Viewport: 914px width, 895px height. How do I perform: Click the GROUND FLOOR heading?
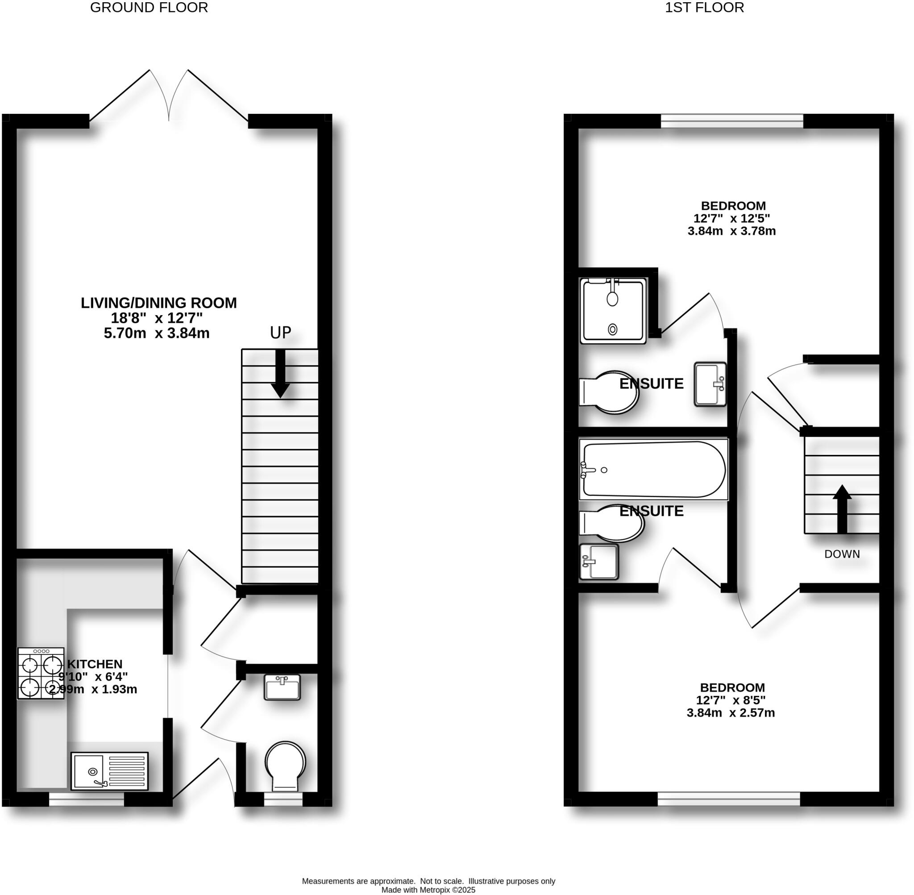149,8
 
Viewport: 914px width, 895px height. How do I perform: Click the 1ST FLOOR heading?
704,8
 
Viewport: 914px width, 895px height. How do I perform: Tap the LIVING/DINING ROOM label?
158,303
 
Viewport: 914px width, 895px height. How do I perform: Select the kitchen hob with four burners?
41,673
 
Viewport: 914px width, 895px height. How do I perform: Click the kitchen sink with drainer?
109,771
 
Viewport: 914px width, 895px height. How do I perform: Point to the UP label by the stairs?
280,333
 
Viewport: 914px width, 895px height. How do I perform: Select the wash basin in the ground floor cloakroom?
282,687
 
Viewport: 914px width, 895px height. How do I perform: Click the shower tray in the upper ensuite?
613,311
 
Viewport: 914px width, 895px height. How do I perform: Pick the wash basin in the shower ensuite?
710,384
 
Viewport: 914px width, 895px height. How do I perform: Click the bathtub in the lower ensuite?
653,470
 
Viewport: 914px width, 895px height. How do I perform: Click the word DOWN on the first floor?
842,554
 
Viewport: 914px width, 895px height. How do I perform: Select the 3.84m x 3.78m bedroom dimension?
731,231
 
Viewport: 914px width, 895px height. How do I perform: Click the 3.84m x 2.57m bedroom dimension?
731,713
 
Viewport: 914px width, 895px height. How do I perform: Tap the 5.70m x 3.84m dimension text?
157,333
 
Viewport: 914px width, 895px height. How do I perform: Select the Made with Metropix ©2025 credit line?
428,890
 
